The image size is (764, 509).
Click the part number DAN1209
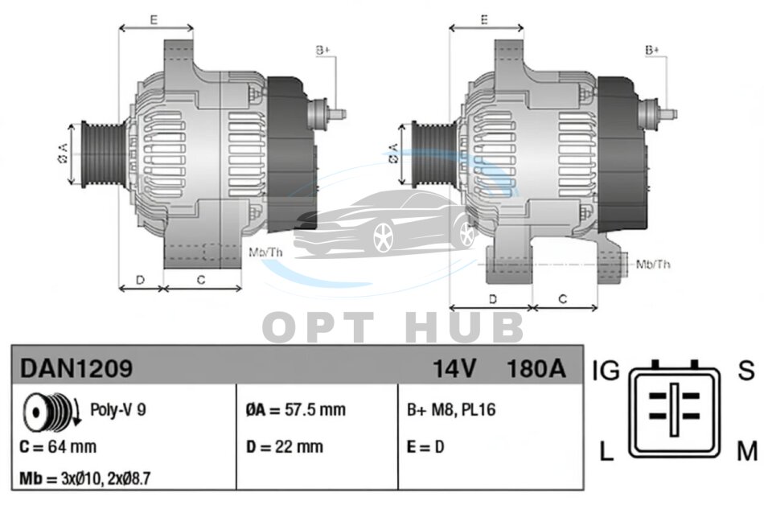76,368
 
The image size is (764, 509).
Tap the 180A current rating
536,368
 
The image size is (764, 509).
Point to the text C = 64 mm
58,446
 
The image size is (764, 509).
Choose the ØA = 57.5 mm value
296,409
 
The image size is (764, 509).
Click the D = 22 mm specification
284,446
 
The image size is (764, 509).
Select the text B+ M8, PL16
451,409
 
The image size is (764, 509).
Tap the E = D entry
425,446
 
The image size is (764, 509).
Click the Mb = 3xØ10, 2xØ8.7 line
84,478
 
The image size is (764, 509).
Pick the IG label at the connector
606,371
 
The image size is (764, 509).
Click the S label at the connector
746,371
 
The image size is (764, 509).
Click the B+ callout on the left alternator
322,50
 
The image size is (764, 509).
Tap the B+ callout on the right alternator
652,50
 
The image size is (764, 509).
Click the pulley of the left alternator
102,154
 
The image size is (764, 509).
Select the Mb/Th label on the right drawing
653,264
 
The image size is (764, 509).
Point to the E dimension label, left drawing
154,20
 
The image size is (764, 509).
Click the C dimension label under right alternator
563,298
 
